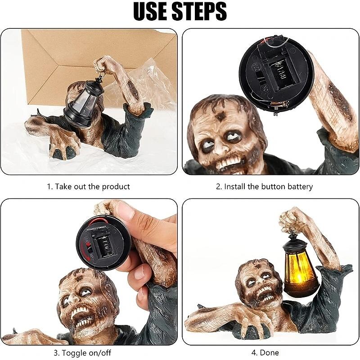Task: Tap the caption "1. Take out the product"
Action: (88, 186)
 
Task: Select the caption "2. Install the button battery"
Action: (264, 186)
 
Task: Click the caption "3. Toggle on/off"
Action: (82, 353)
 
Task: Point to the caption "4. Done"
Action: (265, 352)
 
